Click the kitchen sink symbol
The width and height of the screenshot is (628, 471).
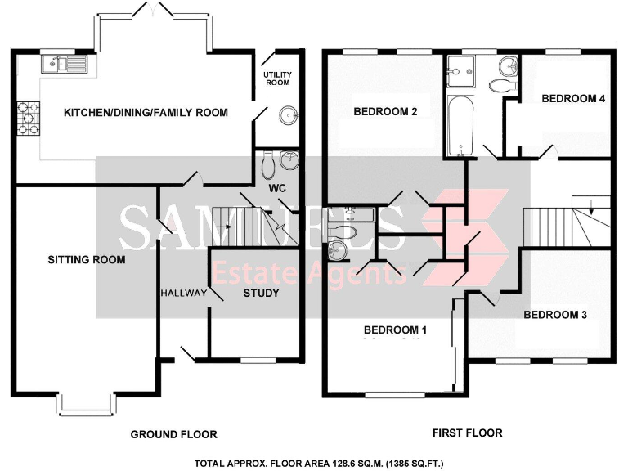point(64,63)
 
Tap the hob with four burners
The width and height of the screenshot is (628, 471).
point(27,118)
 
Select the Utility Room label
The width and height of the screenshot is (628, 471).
point(277,78)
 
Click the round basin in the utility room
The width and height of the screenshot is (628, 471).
point(288,115)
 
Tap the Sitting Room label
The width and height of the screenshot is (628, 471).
point(86,260)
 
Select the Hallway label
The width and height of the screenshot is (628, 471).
point(183,293)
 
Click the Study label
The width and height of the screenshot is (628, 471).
point(262,293)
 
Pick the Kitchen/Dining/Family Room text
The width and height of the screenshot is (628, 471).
point(146,112)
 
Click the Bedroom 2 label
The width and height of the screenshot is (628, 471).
point(385,112)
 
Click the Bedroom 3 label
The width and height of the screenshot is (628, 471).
point(555,314)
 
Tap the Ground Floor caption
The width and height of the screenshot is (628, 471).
point(173,434)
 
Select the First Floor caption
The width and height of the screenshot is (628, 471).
point(466,433)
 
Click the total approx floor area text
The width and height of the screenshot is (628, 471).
point(319,462)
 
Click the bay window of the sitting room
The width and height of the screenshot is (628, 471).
point(86,404)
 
